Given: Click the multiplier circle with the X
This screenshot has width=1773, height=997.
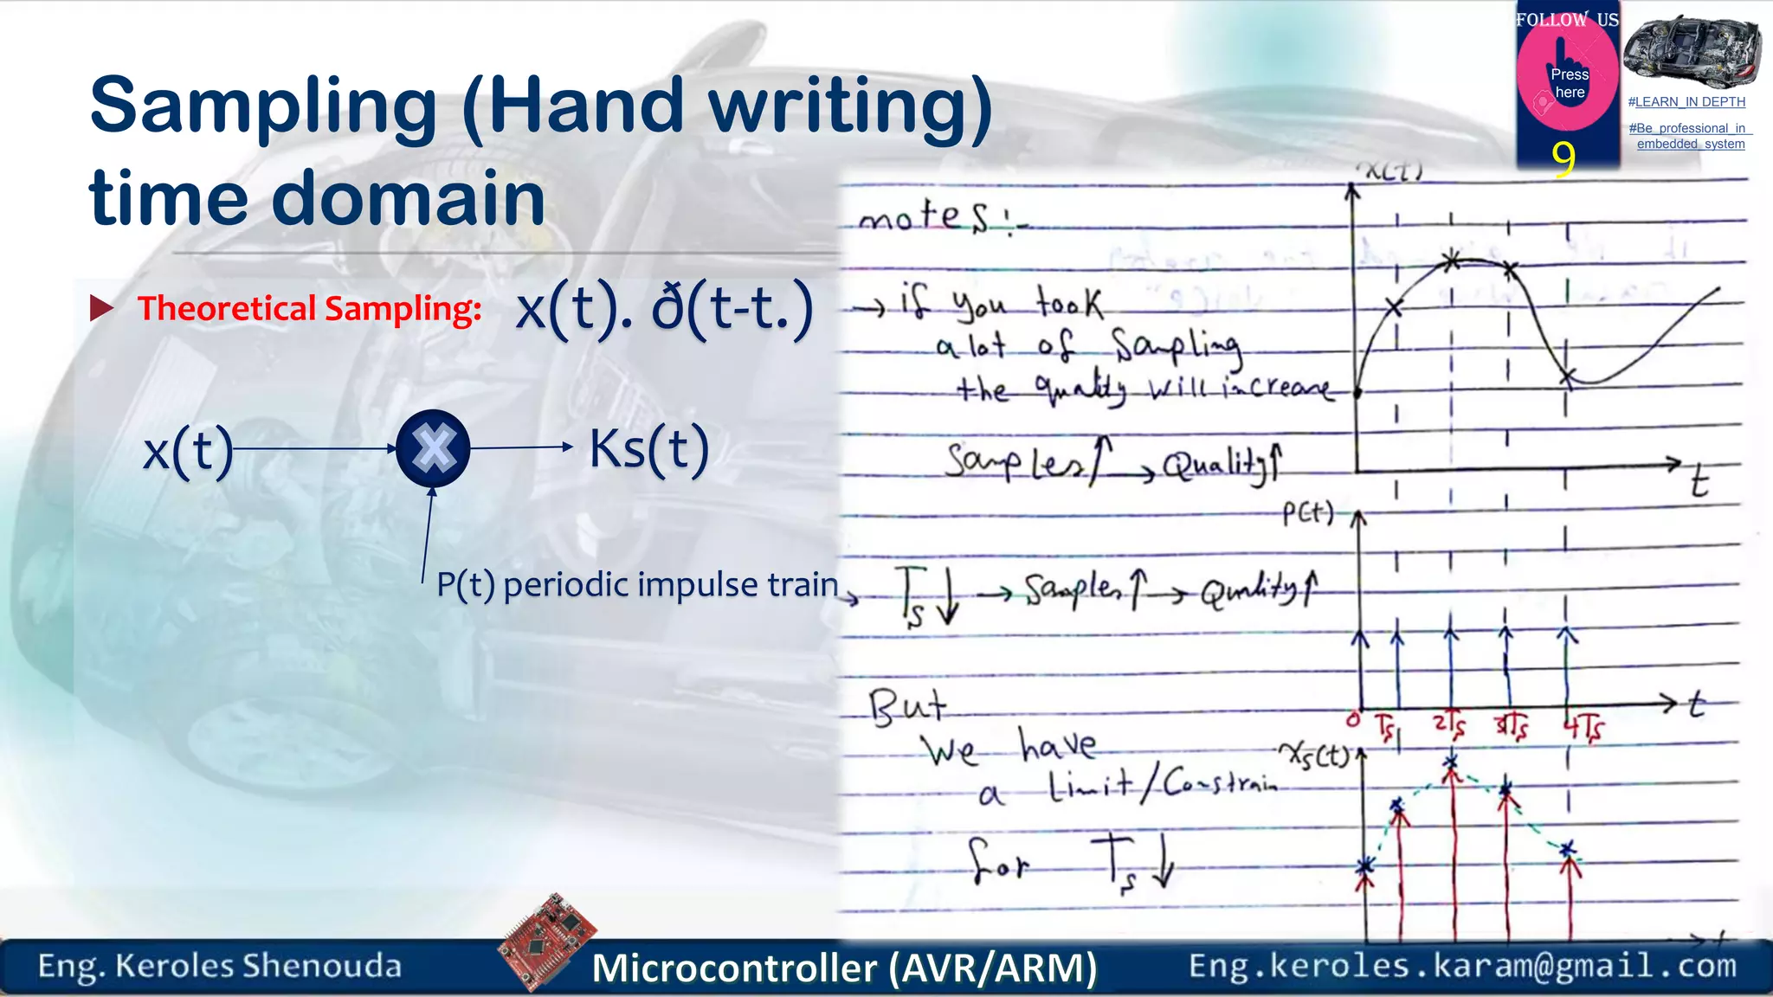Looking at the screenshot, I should (433, 448).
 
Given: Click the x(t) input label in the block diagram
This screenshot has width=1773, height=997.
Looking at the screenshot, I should (188, 450).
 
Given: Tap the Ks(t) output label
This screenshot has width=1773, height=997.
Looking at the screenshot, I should (648, 449).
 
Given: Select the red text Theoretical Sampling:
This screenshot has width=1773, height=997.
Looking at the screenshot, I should (309, 309).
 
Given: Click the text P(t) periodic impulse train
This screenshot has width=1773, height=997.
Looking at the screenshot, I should (637, 585).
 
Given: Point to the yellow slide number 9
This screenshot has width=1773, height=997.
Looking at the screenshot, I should (1563, 159).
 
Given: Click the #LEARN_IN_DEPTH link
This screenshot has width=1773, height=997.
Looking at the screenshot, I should (1686, 102).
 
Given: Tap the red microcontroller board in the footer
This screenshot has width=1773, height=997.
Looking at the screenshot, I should (547, 941).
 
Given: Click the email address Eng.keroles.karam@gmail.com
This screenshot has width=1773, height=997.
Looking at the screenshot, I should (1462, 965).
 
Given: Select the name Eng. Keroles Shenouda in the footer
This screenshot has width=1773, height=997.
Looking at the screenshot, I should (219, 966).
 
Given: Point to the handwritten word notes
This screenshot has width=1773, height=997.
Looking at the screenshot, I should (923, 215).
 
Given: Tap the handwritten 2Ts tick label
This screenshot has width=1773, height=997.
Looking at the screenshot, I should (1449, 726).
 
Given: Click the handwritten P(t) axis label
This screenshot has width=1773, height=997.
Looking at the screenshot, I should (1307, 513).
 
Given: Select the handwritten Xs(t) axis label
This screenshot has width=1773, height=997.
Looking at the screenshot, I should (1314, 756).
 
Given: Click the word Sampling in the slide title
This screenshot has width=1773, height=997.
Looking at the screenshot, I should (263, 106).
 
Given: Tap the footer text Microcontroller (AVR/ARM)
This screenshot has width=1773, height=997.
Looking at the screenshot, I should (844, 968).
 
